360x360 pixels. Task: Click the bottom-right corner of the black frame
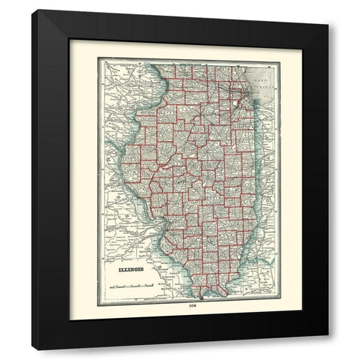(x=327, y=334)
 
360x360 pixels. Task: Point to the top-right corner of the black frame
(x=327, y=10)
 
